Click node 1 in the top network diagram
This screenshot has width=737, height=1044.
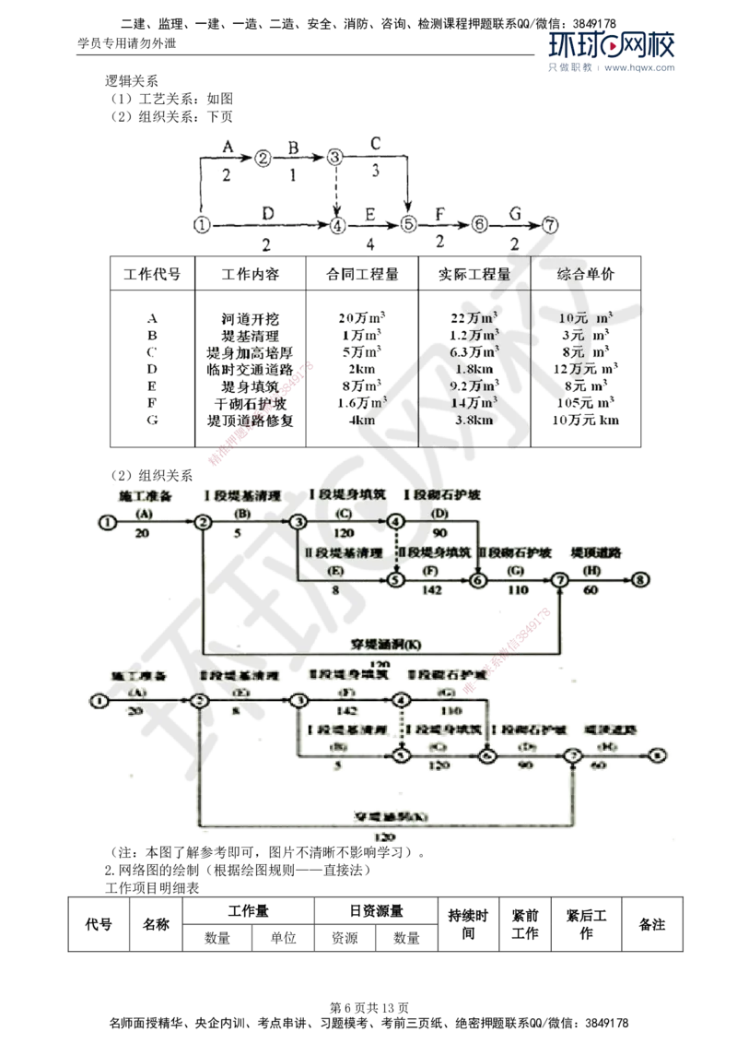[203, 223]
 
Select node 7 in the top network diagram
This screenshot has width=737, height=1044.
[551, 223]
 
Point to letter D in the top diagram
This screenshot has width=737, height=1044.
[266, 213]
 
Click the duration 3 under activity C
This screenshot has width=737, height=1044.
[375, 170]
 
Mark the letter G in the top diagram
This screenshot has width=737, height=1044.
[516, 213]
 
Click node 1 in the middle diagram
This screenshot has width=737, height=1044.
[107, 522]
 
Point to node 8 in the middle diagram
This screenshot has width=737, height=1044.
[641, 579]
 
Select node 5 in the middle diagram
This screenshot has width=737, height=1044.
[395, 580]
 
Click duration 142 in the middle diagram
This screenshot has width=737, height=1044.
[430, 591]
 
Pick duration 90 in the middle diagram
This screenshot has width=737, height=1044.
[440, 534]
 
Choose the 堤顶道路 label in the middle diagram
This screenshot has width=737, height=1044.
[596, 552]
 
